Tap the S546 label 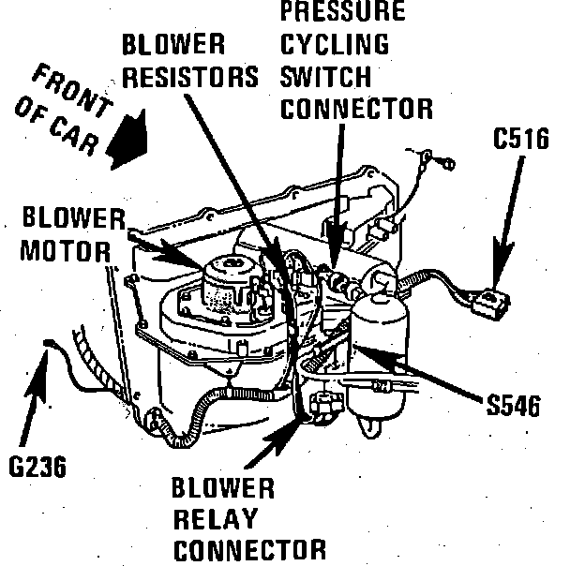pos(514,406)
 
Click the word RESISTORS pos(190,77)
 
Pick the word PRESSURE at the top pos(343,12)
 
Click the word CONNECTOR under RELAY pos(249,549)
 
